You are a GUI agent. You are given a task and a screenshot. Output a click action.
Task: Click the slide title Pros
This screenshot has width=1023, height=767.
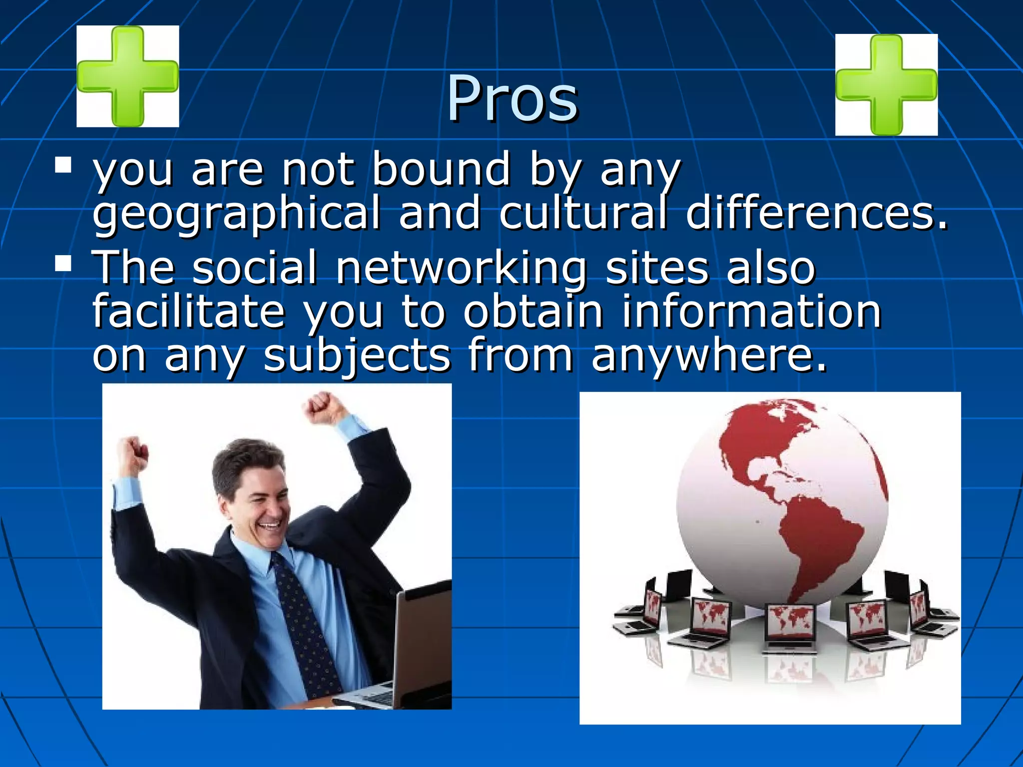[512, 98]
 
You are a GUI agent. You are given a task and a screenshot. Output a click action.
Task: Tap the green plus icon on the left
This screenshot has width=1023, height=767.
[128, 76]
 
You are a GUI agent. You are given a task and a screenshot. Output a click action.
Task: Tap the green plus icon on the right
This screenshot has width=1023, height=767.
[886, 84]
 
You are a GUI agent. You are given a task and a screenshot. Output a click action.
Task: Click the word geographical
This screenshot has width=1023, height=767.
[236, 214]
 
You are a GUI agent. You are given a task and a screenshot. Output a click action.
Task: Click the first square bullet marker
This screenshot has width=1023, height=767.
[63, 165]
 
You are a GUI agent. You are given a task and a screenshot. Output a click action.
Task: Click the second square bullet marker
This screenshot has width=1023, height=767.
[63, 263]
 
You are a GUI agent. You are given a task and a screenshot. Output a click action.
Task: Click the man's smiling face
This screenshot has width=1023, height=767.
[260, 504]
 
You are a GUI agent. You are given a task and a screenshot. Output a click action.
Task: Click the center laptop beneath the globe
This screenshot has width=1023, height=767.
[790, 627]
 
